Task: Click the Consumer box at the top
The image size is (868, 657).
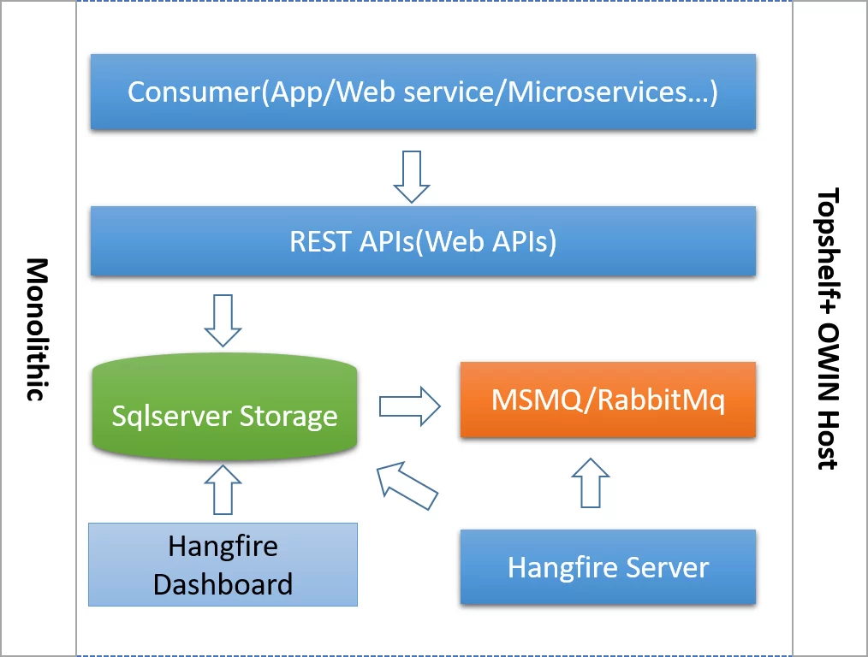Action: pyautogui.click(x=423, y=92)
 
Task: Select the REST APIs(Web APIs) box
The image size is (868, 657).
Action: pyautogui.click(x=423, y=241)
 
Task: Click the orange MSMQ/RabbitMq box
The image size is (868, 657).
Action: pyautogui.click(x=608, y=400)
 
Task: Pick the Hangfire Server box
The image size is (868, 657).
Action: pyautogui.click(x=608, y=567)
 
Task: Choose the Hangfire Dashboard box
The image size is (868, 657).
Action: pyautogui.click(x=223, y=565)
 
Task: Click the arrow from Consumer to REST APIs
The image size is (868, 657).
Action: pyautogui.click(x=412, y=176)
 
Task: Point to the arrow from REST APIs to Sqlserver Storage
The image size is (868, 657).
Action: pyautogui.click(x=223, y=320)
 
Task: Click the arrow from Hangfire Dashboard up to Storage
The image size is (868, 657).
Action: pyautogui.click(x=223, y=489)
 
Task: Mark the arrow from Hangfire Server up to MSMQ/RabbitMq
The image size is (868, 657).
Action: pyautogui.click(x=591, y=482)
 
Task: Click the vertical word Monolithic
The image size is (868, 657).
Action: pyautogui.click(x=36, y=329)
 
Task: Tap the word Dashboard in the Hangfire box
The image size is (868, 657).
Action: pyautogui.click(x=223, y=584)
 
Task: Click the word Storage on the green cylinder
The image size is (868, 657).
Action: pyautogui.click(x=288, y=417)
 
